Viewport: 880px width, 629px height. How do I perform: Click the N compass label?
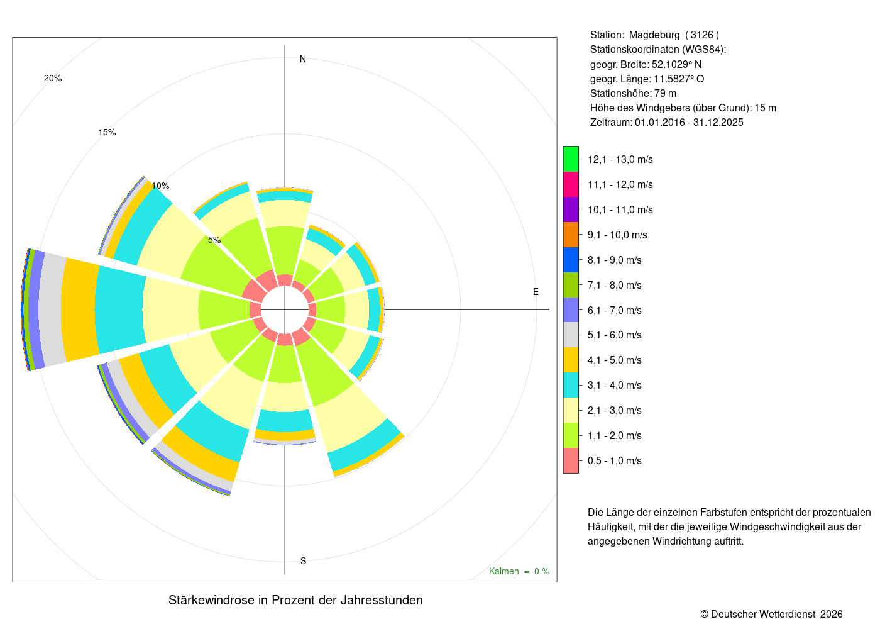click(302, 59)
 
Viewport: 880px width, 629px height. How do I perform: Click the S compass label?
click(303, 561)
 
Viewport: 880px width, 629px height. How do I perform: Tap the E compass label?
click(536, 292)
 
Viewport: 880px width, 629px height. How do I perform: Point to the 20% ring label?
click(53, 78)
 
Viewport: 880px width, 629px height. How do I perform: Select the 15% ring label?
click(107, 132)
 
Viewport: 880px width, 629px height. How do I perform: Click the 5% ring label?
click(214, 240)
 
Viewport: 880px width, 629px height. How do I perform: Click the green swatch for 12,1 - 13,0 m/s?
click(571, 159)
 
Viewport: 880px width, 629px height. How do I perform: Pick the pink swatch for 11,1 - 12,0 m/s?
click(571, 184)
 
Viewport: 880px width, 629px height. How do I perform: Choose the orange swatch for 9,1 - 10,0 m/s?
click(571, 235)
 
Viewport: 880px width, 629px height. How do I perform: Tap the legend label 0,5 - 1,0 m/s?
click(615, 460)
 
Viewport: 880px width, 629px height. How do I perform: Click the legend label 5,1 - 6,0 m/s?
click(615, 335)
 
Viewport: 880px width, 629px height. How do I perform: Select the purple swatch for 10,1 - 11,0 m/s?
click(571, 209)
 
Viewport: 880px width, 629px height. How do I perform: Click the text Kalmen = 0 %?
click(519, 571)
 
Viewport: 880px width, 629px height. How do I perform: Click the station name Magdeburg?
click(654, 35)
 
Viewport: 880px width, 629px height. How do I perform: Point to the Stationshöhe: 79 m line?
click(633, 94)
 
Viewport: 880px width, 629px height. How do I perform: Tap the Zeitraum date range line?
click(667, 122)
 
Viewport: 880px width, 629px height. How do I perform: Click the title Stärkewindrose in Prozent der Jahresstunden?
click(295, 600)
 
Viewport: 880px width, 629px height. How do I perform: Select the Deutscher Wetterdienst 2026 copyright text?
click(771, 614)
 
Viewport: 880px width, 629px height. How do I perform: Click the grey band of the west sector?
click(53, 309)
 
